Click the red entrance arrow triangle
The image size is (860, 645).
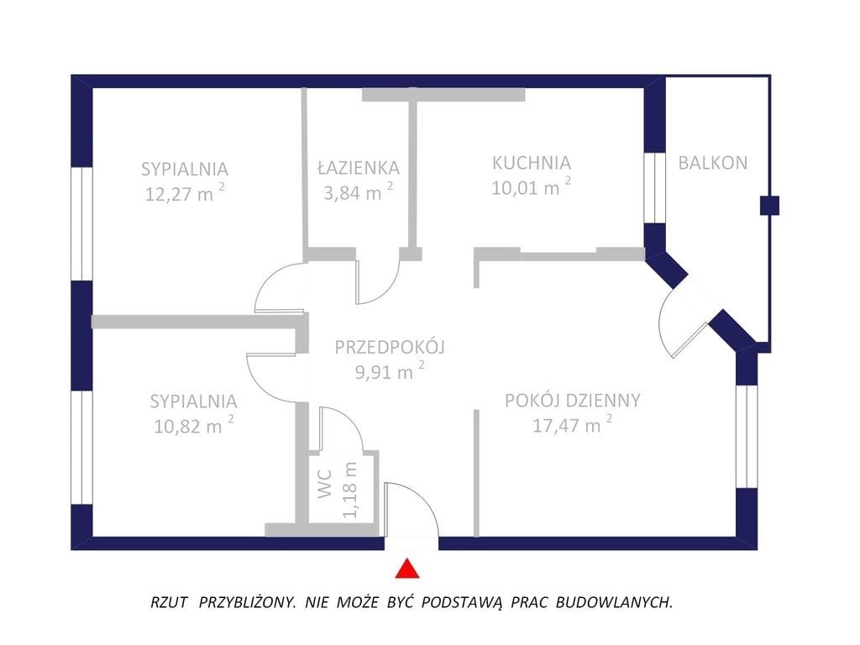406,569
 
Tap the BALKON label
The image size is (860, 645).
712,163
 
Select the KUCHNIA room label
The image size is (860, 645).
531,163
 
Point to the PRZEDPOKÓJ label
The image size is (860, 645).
389,347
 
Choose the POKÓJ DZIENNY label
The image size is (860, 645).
573,401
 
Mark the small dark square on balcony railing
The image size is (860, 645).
768,204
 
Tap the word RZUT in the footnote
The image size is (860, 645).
169,602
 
